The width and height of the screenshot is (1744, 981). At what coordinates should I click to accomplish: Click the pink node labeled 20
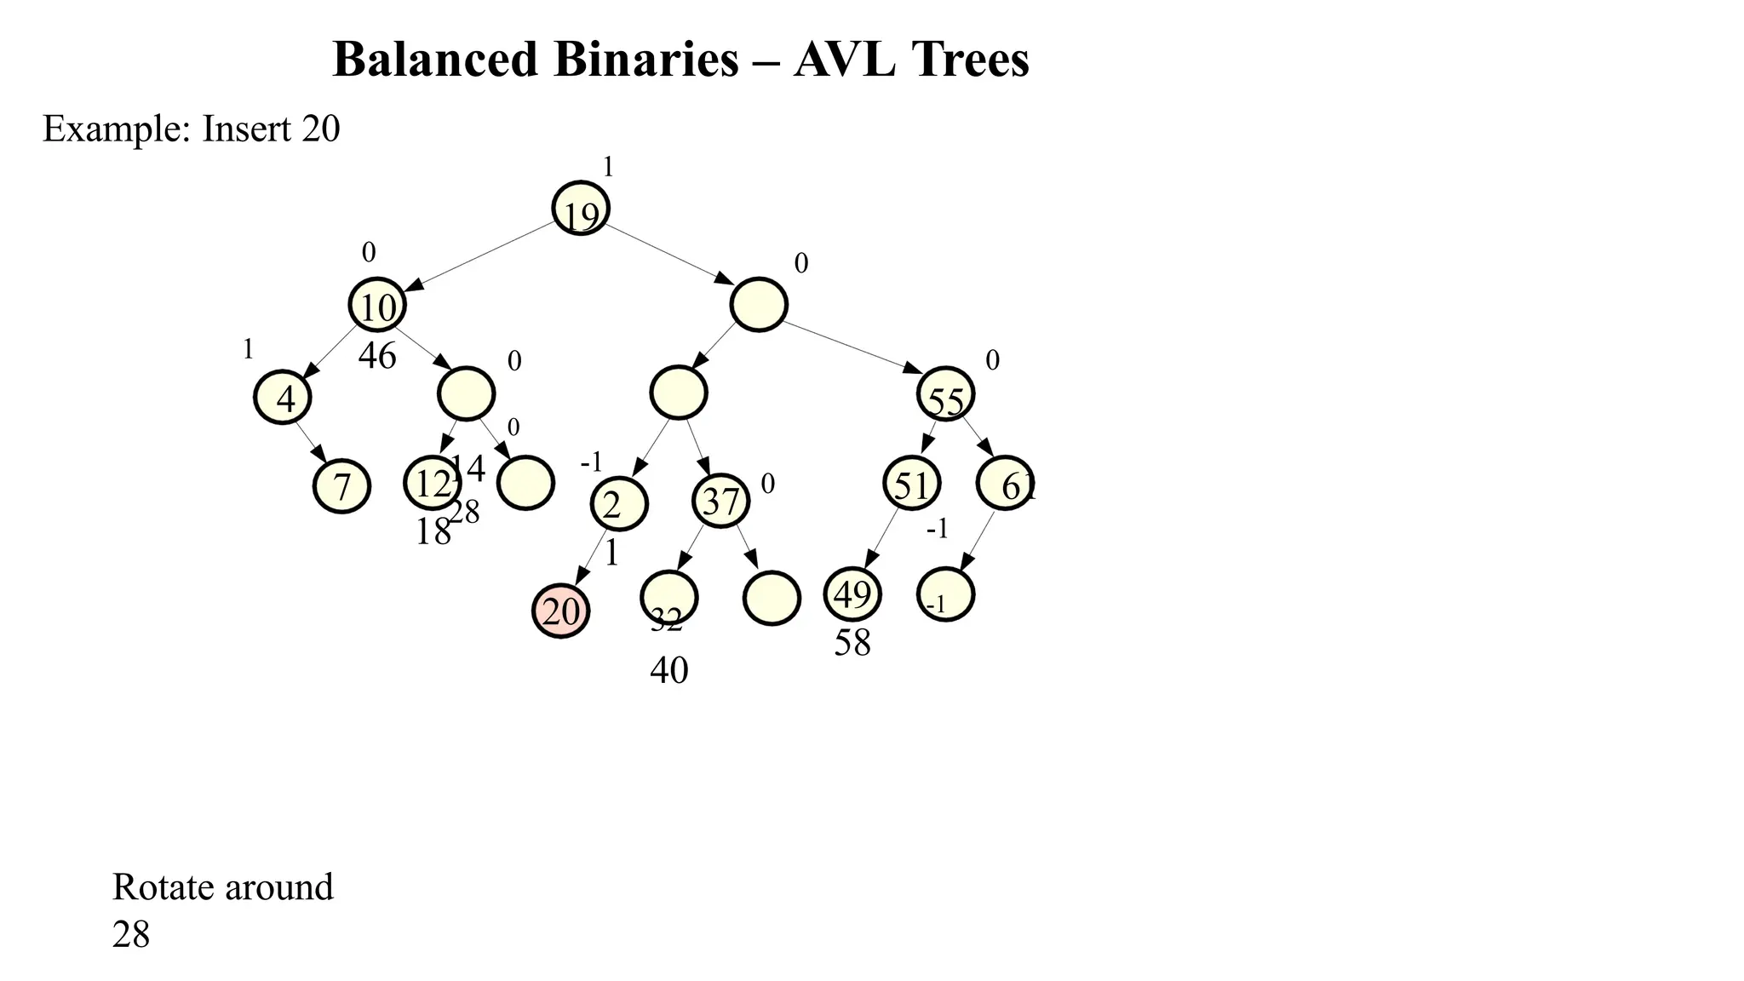pyautogui.click(x=561, y=611)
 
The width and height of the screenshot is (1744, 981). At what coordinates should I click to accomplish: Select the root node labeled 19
pyautogui.click(x=581, y=209)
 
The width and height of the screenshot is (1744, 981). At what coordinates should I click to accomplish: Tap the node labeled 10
pyautogui.click(x=377, y=305)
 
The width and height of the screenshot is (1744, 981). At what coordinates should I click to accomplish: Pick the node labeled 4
pyautogui.click(x=283, y=397)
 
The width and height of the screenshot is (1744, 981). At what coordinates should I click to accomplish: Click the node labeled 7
pyautogui.click(x=341, y=486)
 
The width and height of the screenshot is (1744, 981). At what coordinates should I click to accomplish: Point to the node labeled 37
pyautogui.click(x=720, y=501)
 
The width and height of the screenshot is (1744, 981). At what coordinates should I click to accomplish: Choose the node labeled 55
pyautogui.click(x=945, y=394)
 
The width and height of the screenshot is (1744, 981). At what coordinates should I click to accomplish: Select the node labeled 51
pyautogui.click(x=911, y=483)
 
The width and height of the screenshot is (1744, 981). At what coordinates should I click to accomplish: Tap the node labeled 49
pyautogui.click(x=852, y=594)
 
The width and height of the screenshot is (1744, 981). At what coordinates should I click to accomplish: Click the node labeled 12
pyautogui.click(x=431, y=483)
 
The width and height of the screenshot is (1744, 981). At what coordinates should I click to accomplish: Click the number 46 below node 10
pyautogui.click(x=377, y=356)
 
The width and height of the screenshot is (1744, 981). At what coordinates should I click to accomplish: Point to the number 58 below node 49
pyautogui.click(x=852, y=643)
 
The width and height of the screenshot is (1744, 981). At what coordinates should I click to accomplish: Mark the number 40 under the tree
pyautogui.click(x=668, y=671)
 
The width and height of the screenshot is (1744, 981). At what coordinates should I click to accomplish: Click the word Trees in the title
pyautogui.click(x=970, y=60)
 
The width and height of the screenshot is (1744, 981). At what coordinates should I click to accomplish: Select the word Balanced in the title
pyautogui.click(x=435, y=60)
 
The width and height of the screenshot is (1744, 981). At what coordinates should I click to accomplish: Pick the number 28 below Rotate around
pyautogui.click(x=131, y=935)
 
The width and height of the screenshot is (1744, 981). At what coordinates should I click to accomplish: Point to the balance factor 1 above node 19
pyautogui.click(x=608, y=167)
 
